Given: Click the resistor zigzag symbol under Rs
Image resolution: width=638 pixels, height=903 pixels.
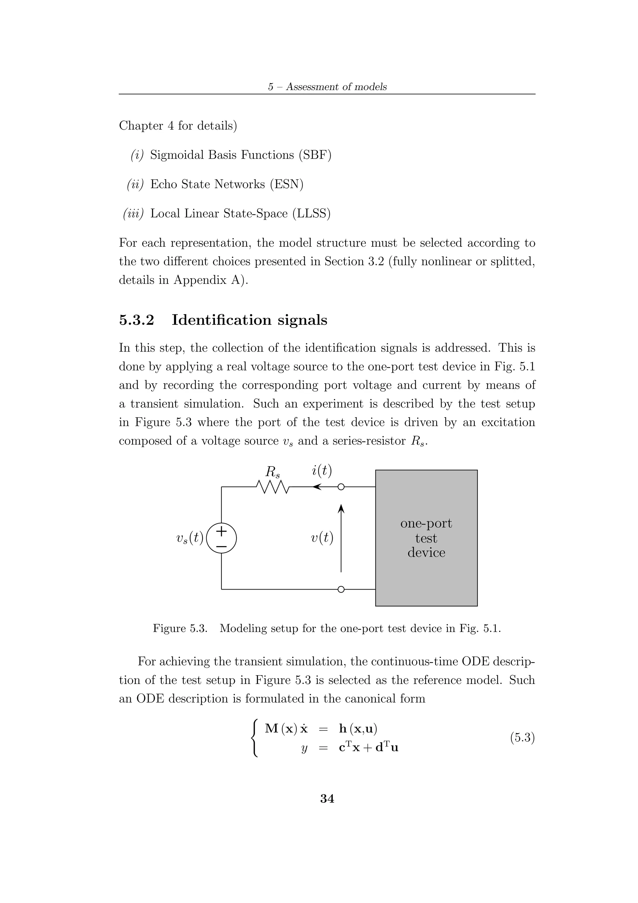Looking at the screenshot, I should (x=272, y=487).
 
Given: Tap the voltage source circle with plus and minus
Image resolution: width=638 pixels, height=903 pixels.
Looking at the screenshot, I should (x=221, y=537).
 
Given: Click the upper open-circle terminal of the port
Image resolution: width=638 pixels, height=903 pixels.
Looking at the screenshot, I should (x=341, y=487).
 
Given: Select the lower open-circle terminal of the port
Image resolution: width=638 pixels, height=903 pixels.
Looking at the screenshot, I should (x=341, y=600).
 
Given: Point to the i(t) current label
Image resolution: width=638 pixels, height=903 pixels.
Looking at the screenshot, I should (x=321, y=471).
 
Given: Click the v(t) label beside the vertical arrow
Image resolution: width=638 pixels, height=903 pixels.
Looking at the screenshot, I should (x=322, y=537).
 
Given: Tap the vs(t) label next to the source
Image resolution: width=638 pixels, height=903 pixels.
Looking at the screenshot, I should (x=190, y=537).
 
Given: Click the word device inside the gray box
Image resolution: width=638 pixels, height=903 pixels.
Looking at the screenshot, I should (x=426, y=552).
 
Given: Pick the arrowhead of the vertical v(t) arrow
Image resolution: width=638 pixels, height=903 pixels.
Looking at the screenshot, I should (x=341, y=509).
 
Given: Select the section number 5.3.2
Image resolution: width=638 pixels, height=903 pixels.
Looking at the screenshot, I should (x=136, y=320).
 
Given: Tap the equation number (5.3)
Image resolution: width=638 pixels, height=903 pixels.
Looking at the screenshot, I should (x=522, y=738).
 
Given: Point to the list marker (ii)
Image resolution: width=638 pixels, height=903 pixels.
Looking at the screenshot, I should (x=135, y=184).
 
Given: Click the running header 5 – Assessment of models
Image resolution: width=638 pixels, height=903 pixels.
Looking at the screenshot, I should (x=327, y=87).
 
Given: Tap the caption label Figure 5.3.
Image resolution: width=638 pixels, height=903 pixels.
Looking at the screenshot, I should (x=180, y=628).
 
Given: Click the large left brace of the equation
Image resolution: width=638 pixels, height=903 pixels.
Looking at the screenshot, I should (x=255, y=738).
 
